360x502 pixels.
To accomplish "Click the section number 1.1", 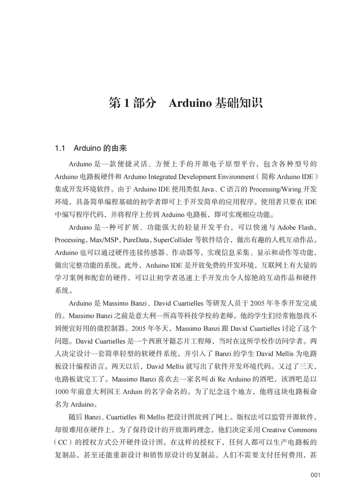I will (60, 148).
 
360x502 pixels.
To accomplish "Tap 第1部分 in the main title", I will (132, 103).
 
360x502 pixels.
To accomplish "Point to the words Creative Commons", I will (289, 429).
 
